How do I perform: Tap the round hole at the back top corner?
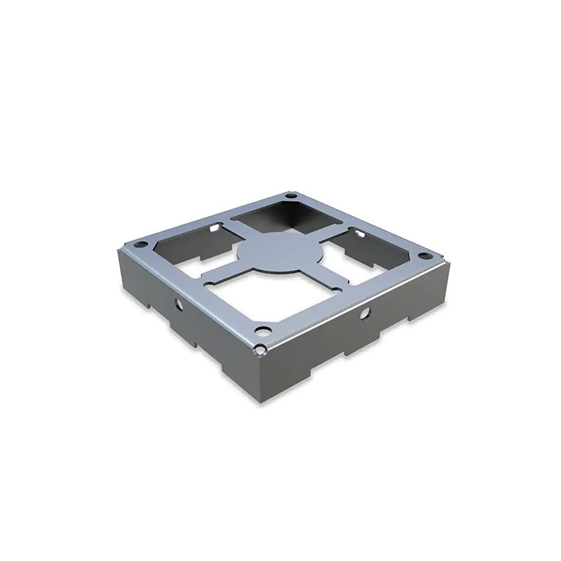[x=288, y=196]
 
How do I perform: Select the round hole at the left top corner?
[x=140, y=245]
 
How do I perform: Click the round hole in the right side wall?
[x=364, y=314]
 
